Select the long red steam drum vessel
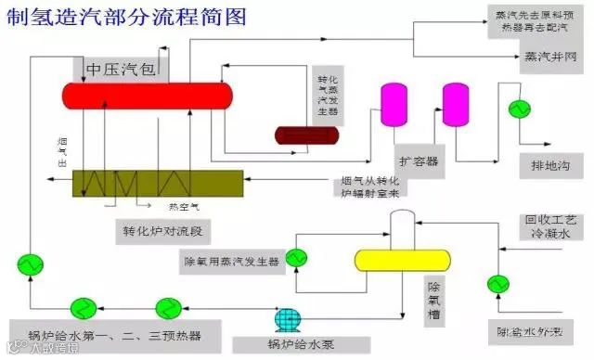coord(148,95)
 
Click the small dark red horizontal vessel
coord(305,135)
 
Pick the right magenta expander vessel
coord(455,103)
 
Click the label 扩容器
coord(418,160)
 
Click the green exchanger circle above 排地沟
coord(517,109)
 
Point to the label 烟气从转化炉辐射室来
coord(368,186)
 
